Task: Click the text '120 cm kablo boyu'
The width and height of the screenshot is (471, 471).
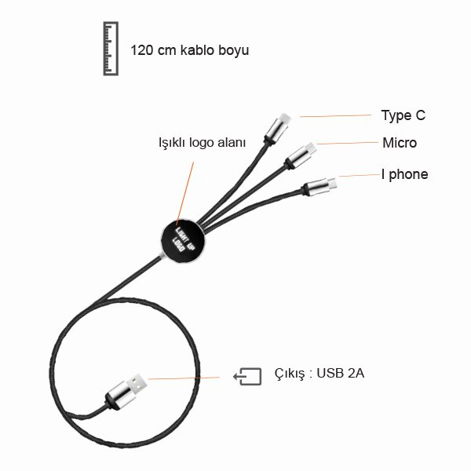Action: click(x=190, y=50)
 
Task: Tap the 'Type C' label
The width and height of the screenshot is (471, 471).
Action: click(x=403, y=115)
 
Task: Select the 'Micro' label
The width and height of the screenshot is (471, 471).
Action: click(x=400, y=143)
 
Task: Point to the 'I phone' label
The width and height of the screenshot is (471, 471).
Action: click(x=404, y=174)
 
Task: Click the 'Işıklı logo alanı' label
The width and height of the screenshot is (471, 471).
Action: click(x=202, y=143)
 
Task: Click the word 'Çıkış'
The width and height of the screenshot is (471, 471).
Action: click(x=288, y=374)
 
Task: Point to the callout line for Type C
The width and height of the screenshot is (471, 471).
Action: click(x=334, y=116)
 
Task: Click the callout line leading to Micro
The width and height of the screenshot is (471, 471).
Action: click(x=345, y=143)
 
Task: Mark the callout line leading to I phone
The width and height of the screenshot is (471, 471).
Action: click(x=353, y=176)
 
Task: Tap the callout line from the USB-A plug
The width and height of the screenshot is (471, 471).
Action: click(x=188, y=378)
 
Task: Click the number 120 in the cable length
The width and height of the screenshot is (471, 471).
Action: click(x=142, y=50)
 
